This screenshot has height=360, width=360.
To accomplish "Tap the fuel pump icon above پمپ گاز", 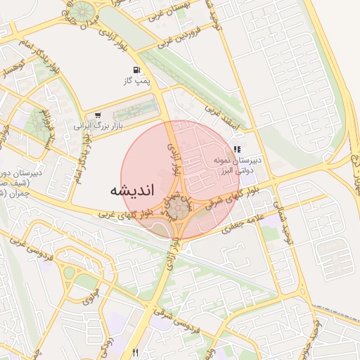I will [x=135, y=70].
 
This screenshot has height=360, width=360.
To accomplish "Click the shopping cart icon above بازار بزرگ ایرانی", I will [x=97, y=115].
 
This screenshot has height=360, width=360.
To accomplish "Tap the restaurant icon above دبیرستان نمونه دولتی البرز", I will [x=237, y=149].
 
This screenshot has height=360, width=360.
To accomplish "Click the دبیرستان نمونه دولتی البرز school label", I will [x=238, y=165].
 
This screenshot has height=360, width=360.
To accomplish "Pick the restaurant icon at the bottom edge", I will [x=135, y=352].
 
